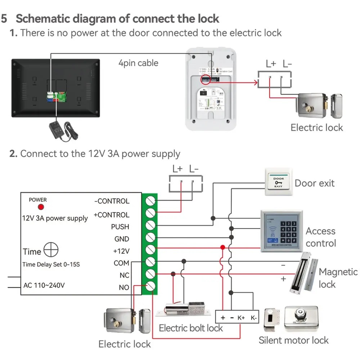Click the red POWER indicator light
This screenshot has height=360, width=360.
pyautogui.click(x=41, y=207)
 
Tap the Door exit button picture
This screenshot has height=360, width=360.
pyautogui.click(x=279, y=182)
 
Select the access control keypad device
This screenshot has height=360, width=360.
pyautogui.click(x=282, y=231)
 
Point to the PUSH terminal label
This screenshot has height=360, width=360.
pyautogui.click(x=120, y=227)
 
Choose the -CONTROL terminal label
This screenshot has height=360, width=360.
pyautogui.click(x=112, y=201)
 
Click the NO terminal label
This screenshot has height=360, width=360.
pyautogui.click(x=124, y=287)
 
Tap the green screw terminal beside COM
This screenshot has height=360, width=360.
pyautogui.click(x=150, y=262)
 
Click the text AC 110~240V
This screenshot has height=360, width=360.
pyautogui.click(x=44, y=285)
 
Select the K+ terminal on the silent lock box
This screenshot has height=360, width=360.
pyautogui.click(x=241, y=318)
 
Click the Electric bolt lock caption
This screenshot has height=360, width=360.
pyautogui.click(x=191, y=328)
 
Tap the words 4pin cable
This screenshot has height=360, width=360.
pyautogui.click(x=138, y=63)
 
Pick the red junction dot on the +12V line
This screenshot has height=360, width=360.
pyautogui.click(x=223, y=247)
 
